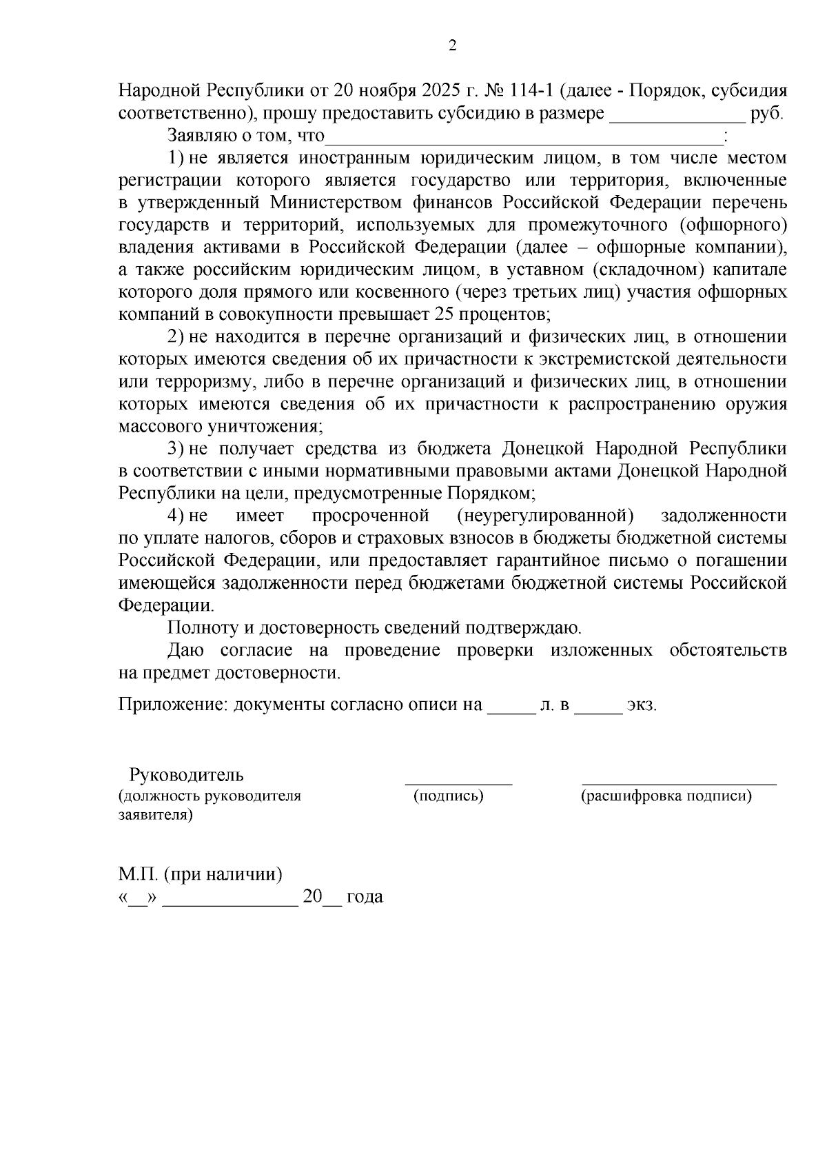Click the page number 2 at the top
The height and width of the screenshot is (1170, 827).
click(x=452, y=46)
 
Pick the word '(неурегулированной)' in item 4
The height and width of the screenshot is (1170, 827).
click(x=544, y=516)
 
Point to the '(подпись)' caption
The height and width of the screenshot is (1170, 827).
click(x=448, y=796)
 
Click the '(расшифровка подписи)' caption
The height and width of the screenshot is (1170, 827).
click(x=666, y=796)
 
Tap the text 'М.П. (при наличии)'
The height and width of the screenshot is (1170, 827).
click(x=201, y=875)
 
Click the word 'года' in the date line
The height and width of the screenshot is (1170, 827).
click(x=365, y=898)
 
